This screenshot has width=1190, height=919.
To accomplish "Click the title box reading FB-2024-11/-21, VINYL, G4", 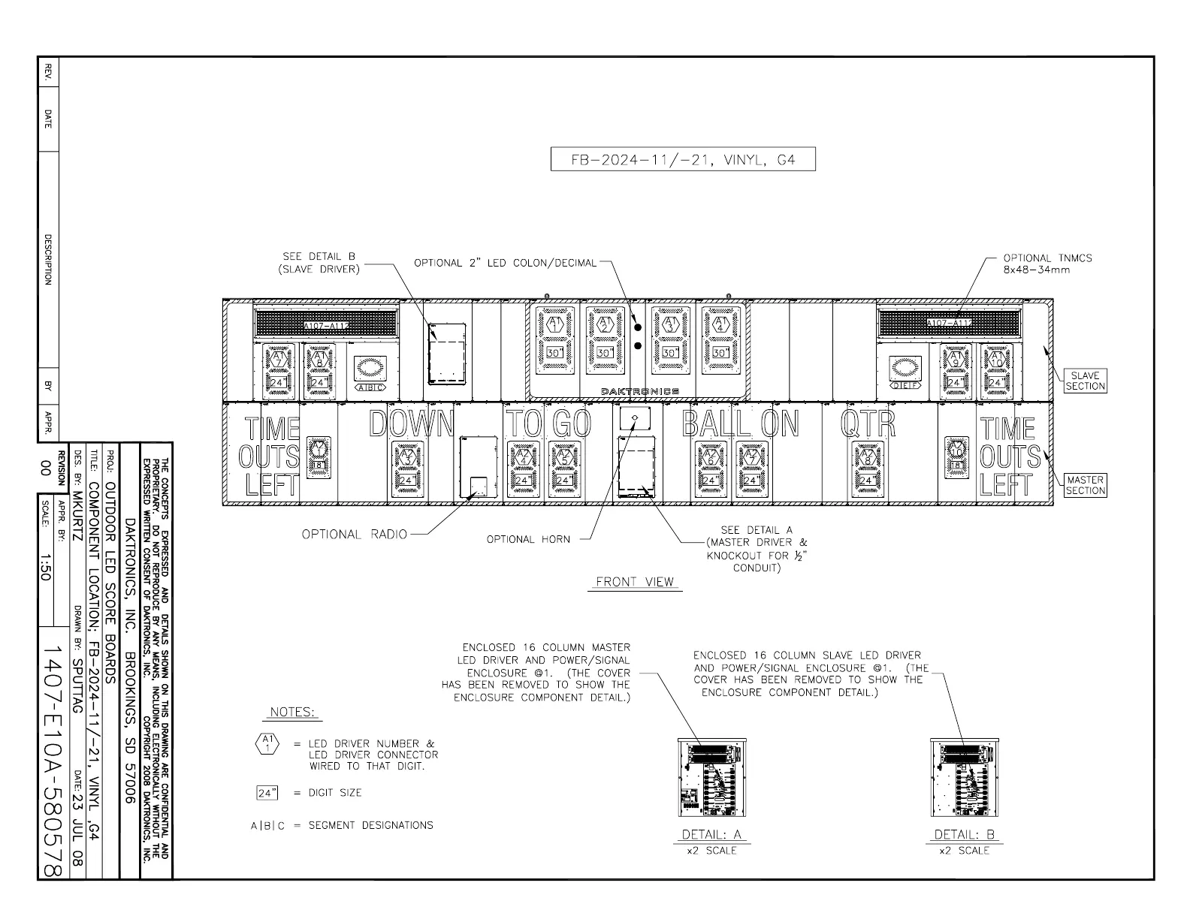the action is coord(682,160).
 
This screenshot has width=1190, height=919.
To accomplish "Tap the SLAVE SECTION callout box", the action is coord(1085,381).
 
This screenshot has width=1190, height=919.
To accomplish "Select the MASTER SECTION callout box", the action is coord(1085,485).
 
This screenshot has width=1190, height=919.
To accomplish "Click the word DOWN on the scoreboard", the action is coord(412,424).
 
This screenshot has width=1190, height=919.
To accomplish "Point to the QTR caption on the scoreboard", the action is coord(868,424).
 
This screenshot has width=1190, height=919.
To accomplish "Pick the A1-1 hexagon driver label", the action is coord(554,324).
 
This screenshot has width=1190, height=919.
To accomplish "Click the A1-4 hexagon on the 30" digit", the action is coord(720,324).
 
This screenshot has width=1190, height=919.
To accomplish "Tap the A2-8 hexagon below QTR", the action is coord(867,455).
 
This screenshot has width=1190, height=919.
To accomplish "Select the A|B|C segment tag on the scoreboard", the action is coord(370,388).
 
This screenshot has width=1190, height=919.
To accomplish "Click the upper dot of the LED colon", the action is coord(637,327).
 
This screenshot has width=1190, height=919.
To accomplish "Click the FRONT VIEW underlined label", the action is coord(635,582).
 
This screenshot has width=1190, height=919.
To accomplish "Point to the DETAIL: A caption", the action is coord(711,835).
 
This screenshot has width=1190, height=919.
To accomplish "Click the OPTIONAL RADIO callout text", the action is coord(354,535).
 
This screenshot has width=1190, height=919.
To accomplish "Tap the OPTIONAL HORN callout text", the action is coord(528,539).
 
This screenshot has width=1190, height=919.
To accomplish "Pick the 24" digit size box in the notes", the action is coord(267,793).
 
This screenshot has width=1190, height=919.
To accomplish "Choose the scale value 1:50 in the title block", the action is coord(45,567).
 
